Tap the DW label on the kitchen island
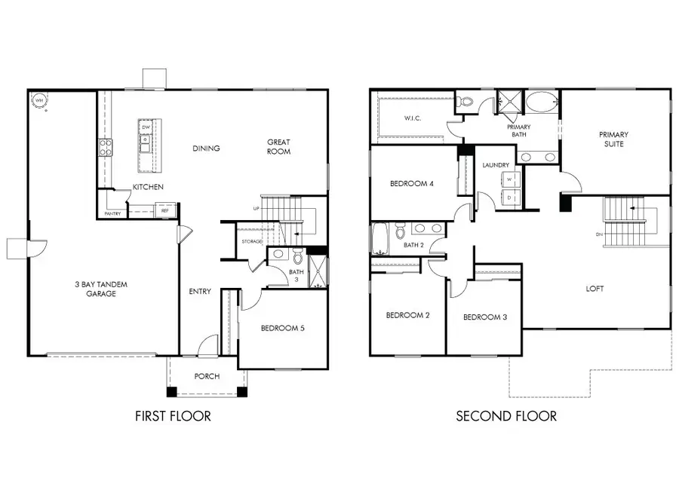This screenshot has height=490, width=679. point(144,127)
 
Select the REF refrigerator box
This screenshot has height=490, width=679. point(165,210)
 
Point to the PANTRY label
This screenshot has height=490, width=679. point(112,213)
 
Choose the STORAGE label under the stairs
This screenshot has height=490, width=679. point(251,241)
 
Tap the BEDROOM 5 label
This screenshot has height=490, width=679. point(282,328)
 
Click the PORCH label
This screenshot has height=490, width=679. point(206,376)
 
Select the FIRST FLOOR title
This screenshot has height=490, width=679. point(173,416)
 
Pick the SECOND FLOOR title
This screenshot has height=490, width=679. point(506,416)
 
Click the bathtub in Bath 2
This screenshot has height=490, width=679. point(379,240)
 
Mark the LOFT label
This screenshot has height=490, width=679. point(595,289)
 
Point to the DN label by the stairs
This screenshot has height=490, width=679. point(600,234)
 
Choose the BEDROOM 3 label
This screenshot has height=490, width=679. point(484,317)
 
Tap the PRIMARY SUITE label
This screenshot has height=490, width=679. point(613,139)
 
